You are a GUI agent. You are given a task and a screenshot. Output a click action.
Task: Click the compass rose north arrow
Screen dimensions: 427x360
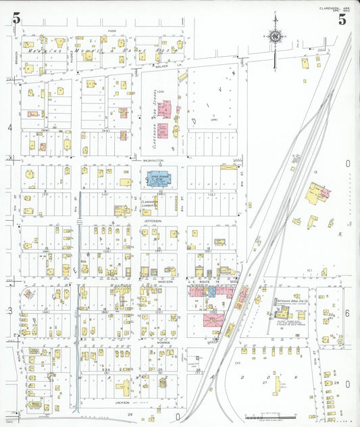(276, 36)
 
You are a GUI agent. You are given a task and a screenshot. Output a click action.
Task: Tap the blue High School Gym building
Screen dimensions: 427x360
(159, 180)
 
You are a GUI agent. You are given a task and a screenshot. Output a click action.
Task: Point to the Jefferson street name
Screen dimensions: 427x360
(153, 221)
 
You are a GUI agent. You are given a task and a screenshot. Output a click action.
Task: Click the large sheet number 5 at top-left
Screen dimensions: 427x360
(16, 20)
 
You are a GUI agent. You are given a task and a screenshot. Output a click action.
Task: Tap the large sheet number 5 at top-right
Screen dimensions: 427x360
(342, 20)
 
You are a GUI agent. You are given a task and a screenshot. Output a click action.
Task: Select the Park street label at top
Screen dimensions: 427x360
(113, 30)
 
